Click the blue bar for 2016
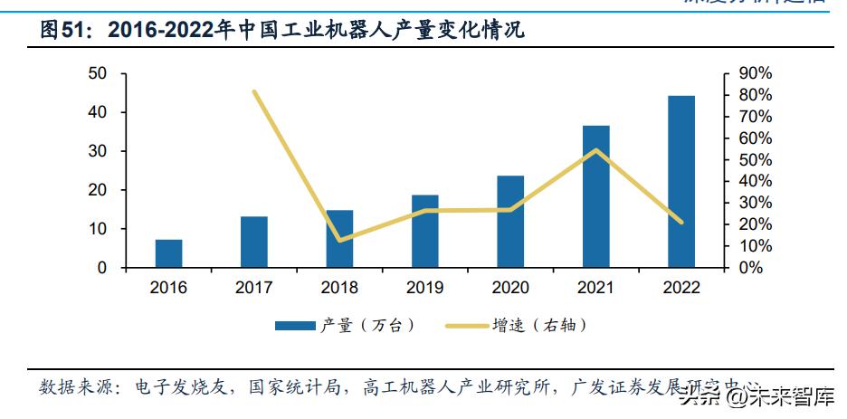tap(168, 254)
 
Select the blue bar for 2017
tap(254, 243)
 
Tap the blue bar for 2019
tap(425, 232)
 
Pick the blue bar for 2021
tap(595, 197)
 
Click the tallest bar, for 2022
tap(681, 182)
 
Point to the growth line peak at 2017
tap(254, 91)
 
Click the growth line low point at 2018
tap(339, 241)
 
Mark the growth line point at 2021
tap(595, 150)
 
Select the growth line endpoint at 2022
tap(681, 222)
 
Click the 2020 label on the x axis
tap(510, 288)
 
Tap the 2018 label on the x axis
tap(339, 288)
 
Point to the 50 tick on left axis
tap(98, 73)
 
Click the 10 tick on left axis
tap(98, 230)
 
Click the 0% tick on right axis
tap(750, 269)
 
